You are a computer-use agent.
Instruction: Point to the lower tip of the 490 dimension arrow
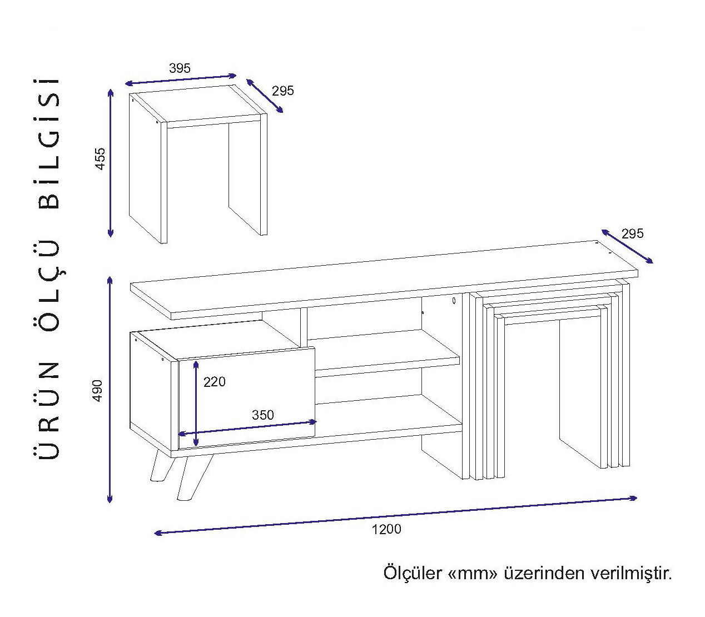110,502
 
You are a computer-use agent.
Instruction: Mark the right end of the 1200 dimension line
637,497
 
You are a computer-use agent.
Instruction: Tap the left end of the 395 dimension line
126,83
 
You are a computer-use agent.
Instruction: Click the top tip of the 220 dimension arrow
196,361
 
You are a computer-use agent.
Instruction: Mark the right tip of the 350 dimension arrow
316,421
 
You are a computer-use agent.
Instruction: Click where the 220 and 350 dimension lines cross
196,432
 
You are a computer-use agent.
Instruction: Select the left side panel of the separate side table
148,169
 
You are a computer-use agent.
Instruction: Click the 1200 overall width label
386,530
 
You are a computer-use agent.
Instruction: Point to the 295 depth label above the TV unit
633,234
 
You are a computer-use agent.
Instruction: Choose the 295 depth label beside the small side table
283,91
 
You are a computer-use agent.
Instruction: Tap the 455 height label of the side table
100,158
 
